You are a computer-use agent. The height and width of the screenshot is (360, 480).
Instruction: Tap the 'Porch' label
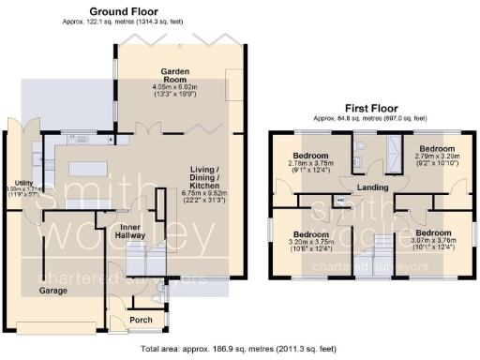(x=142, y=319)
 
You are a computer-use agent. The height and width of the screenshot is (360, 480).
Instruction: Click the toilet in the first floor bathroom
(x=362, y=150)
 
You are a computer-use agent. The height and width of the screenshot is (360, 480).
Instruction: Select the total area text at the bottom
(x=239, y=348)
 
